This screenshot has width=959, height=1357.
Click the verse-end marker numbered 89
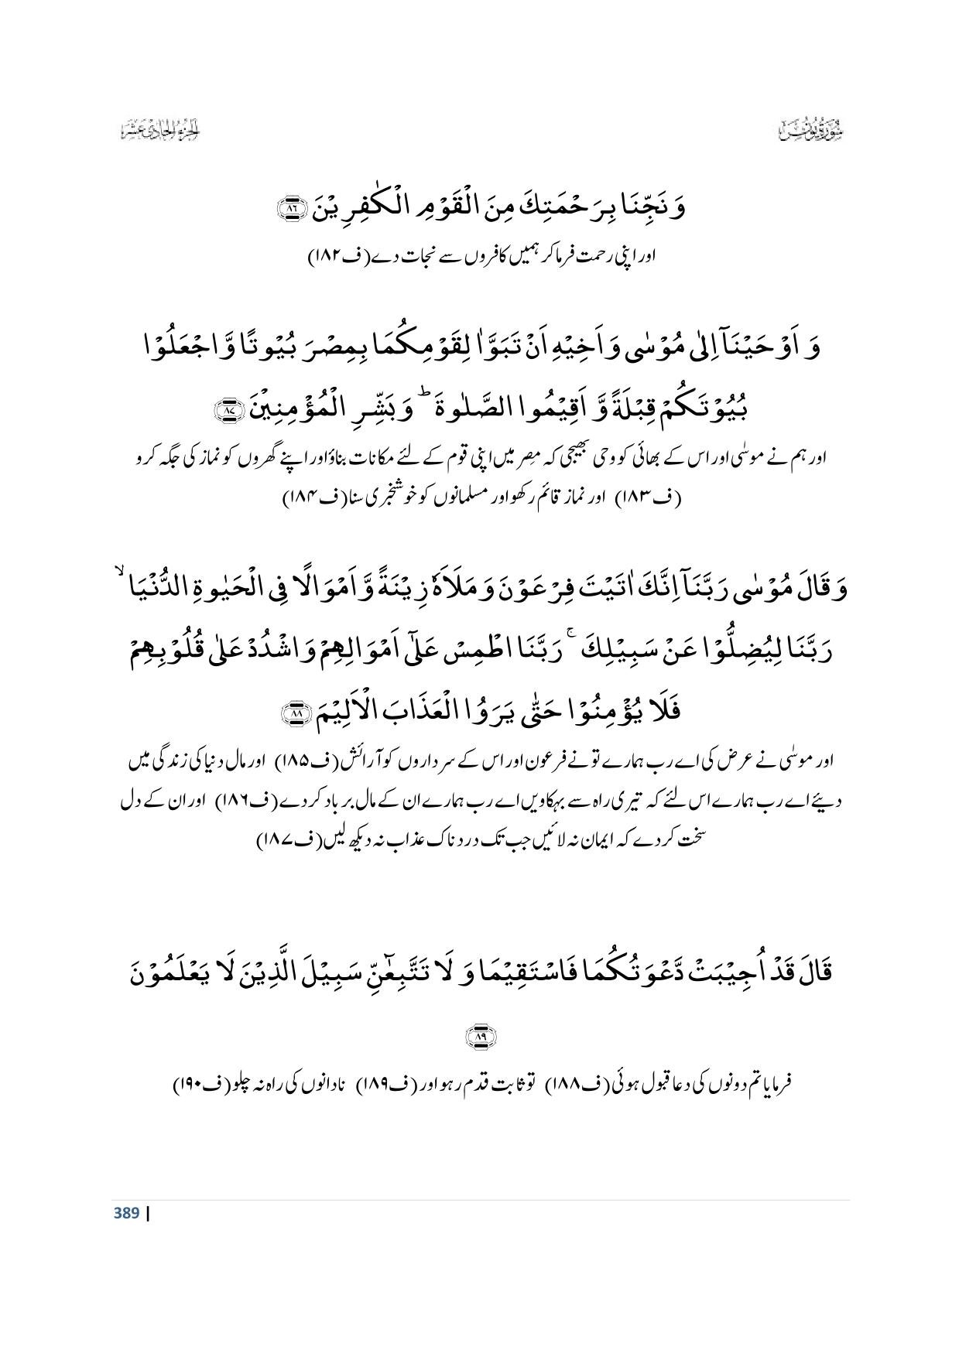[480, 1036]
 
